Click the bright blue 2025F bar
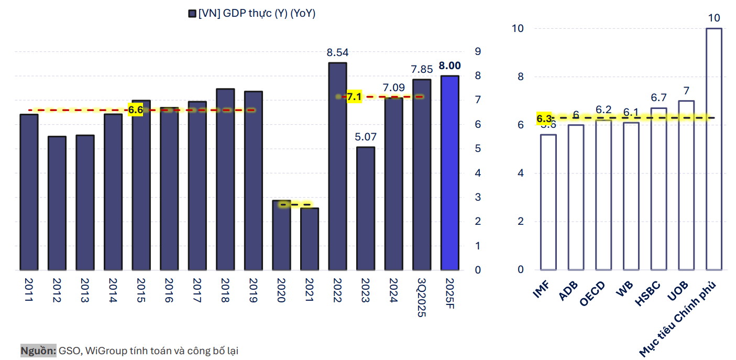449,173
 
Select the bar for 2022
337,167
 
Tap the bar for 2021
309,239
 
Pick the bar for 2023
365,209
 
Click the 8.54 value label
337,52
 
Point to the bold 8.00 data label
449,66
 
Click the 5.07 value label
365,137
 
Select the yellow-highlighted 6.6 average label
136,110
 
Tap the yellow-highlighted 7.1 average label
354,97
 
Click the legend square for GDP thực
192,14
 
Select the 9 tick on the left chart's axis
477,51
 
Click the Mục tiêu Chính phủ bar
713,149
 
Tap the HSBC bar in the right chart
658,189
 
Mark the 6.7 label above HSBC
658,98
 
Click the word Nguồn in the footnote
38,351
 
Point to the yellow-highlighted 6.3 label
544,118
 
